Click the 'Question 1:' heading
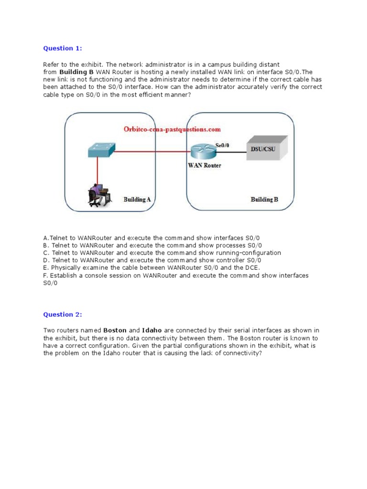pos(63,48)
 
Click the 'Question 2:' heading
pos(63,314)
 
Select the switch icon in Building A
pos(101,150)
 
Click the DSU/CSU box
pos(266,148)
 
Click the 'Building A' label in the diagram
pos(137,199)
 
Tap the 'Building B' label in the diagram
pos(264,200)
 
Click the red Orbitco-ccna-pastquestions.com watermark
pos(172,129)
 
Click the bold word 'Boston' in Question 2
pos(115,330)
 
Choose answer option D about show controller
pos(152,260)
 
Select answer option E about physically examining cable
pos(151,268)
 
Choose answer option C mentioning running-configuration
pos(162,253)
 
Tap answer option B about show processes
pos(152,245)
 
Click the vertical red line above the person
pos(97,170)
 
